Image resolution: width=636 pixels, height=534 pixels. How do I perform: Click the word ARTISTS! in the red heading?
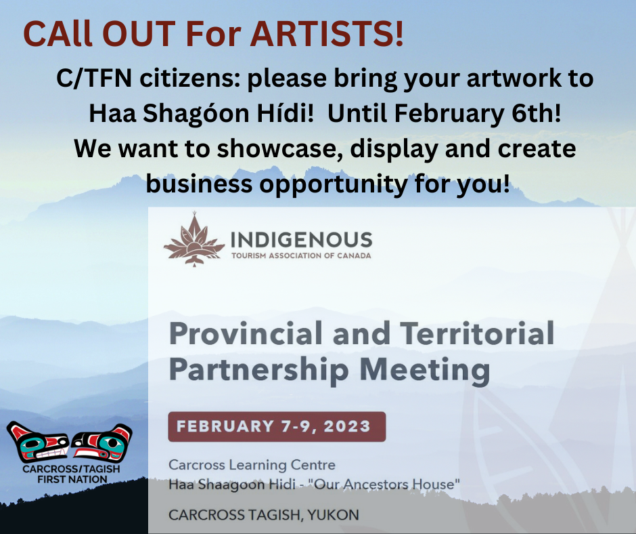pos(327,33)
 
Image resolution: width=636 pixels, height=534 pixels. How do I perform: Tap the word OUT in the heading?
pos(141,33)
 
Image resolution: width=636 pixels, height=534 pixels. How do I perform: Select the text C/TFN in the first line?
pos(94,78)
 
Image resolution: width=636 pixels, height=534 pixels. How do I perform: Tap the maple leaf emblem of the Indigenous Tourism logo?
pos(194,239)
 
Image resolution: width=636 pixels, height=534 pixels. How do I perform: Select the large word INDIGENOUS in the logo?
pos(301,240)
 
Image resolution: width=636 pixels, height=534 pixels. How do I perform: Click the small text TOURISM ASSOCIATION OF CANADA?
pos(301,255)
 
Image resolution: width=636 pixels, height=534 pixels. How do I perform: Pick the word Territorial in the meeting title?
pos(477,333)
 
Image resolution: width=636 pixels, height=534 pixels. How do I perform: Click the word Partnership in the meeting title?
pos(258,370)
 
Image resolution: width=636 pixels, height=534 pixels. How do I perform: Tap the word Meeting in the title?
pos(425,369)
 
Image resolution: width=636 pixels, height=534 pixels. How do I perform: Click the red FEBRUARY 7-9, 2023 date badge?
pos(277,426)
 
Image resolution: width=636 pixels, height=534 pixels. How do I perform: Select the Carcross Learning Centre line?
pos(252,464)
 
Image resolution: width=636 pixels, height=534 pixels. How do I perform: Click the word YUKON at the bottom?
pos(333,515)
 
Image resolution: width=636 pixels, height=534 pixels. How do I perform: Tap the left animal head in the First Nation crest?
pos(37,442)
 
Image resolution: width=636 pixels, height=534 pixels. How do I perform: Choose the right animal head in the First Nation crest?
pos(102,442)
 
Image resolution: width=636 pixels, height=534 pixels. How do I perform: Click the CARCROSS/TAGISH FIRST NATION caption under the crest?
pos(72,474)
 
